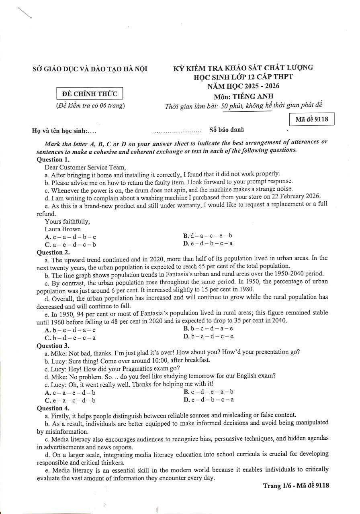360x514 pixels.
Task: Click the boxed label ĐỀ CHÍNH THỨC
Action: click(x=90, y=94)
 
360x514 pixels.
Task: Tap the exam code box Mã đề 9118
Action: click(x=312, y=119)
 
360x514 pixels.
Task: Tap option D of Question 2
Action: click(x=209, y=336)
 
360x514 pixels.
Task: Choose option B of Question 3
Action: click(x=209, y=392)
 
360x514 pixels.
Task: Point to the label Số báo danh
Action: click(x=227, y=130)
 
